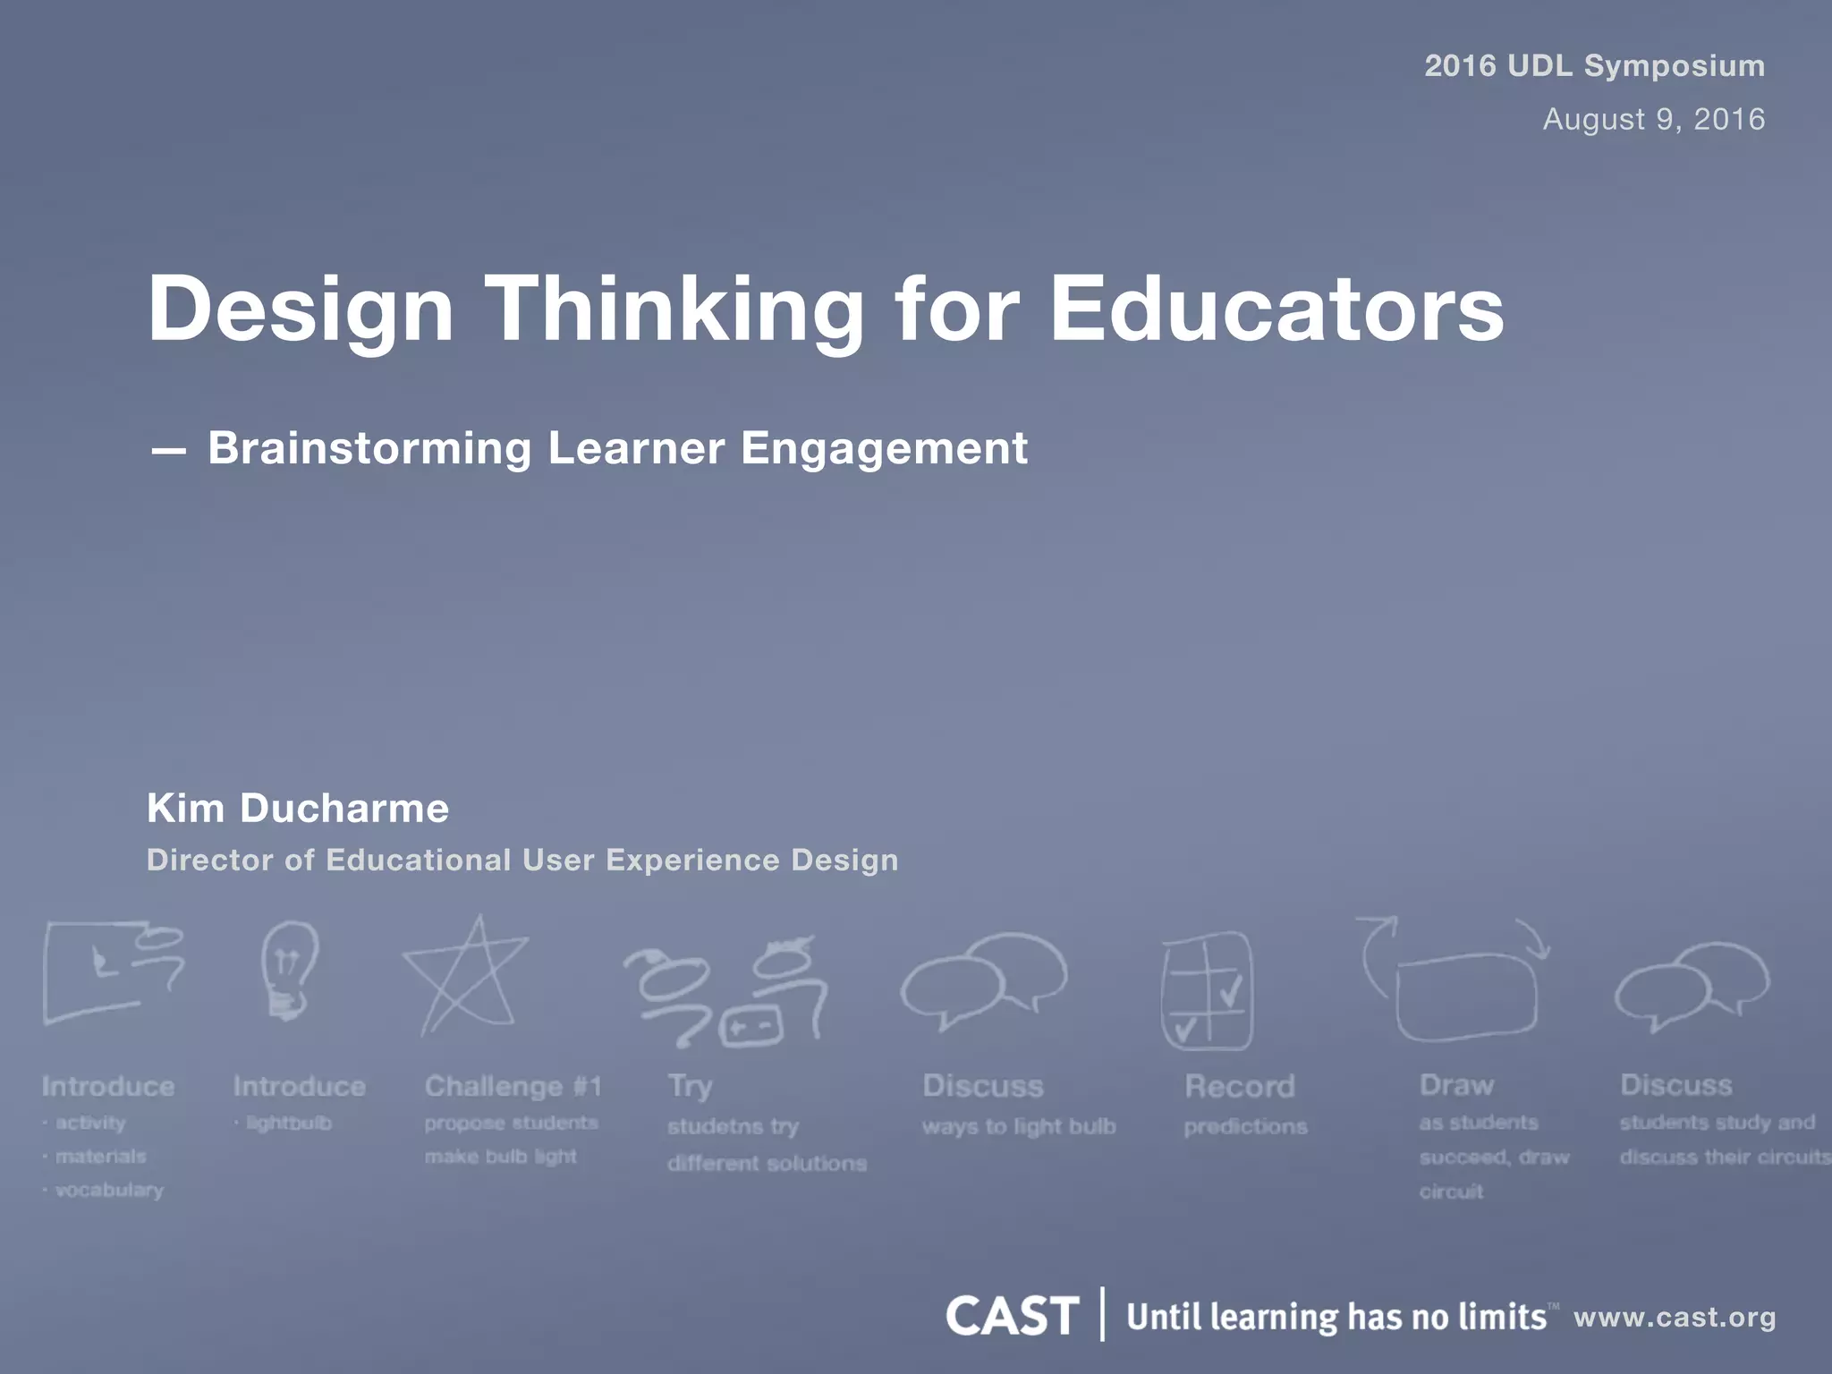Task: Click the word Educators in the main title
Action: tap(1276, 309)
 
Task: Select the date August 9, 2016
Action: tap(1653, 119)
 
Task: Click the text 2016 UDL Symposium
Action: tap(1594, 65)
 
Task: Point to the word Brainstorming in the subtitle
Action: tap(369, 448)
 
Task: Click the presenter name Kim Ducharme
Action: tap(298, 808)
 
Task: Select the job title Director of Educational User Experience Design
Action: tap(522, 860)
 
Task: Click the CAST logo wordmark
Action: tap(1012, 1316)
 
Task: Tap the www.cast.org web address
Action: tap(1675, 1317)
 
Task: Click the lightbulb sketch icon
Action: tap(289, 971)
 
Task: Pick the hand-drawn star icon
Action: tap(468, 977)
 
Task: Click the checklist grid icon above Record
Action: tap(1207, 991)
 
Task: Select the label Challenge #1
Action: tap(513, 1086)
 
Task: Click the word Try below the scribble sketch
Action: tap(690, 1086)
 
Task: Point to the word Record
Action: tap(1239, 1086)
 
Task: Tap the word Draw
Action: tap(1456, 1085)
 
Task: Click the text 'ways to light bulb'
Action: tap(1019, 1126)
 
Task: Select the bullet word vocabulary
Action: tap(109, 1190)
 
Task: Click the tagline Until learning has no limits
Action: tap(1336, 1317)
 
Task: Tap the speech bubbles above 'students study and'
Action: tap(1691, 984)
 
